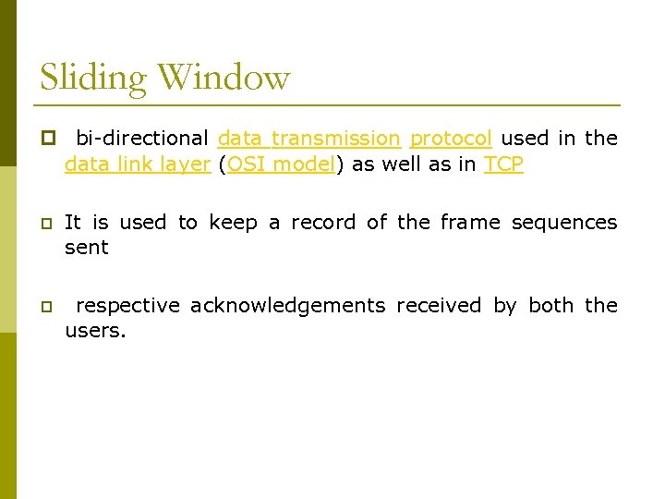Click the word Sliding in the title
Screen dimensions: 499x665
pyautogui.click(x=92, y=78)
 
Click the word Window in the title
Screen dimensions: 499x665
pyautogui.click(x=224, y=77)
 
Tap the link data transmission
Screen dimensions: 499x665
pyautogui.click(x=308, y=139)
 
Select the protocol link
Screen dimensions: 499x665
pyautogui.click(x=450, y=139)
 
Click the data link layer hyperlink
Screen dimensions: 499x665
pyautogui.click(x=138, y=164)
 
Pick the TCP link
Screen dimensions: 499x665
pyautogui.click(x=503, y=164)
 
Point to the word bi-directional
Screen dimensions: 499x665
pyautogui.click(x=142, y=139)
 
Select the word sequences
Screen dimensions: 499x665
pyautogui.click(x=563, y=223)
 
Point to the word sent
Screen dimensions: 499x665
pyautogui.click(x=86, y=248)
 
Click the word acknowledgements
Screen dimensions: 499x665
pyautogui.click(x=287, y=306)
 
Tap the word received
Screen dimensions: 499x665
pyautogui.click(x=439, y=306)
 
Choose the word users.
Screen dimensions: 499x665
pyautogui.click(x=93, y=331)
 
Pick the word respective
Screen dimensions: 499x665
pyautogui.click(x=127, y=306)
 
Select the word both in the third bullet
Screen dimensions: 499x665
pyautogui.click(x=550, y=306)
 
